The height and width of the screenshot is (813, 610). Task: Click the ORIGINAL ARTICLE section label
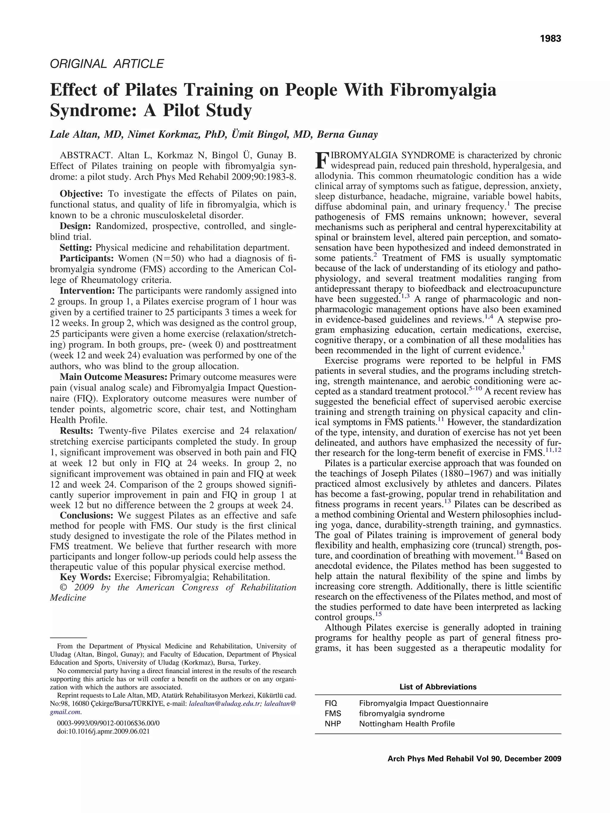pyautogui.click(x=107, y=64)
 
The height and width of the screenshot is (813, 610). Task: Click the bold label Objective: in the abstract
pyautogui.click(x=81, y=194)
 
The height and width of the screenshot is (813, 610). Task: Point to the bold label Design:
pyautogui.click(x=75, y=226)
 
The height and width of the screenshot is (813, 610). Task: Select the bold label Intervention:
pyautogui.click(x=87, y=291)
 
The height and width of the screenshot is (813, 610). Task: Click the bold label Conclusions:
pyautogui.click(x=86, y=515)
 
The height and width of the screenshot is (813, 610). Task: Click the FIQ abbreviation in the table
pyautogui.click(x=331, y=703)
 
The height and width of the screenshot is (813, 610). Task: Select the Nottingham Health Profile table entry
pyautogui.click(x=407, y=724)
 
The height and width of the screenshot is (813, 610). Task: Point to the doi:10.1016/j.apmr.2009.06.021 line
pyautogui.click(x=103, y=731)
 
